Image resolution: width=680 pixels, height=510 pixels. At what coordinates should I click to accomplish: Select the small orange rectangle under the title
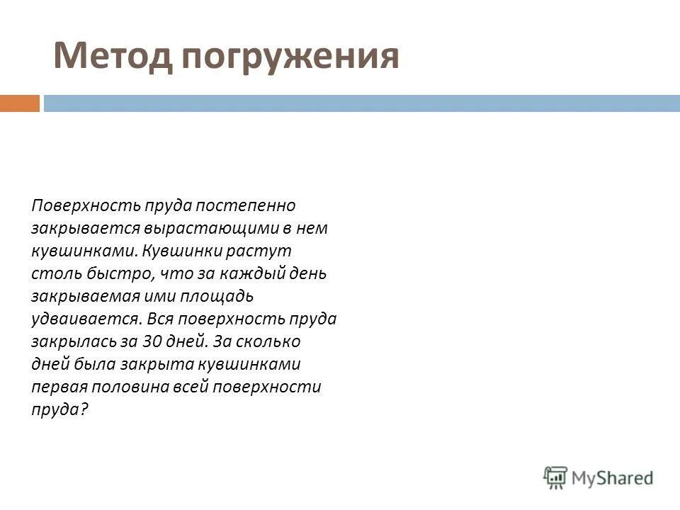click(x=19, y=103)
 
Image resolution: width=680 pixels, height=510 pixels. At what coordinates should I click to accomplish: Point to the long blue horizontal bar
click(x=361, y=103)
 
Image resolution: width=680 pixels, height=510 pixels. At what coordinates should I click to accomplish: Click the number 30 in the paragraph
click(x=153, y=341)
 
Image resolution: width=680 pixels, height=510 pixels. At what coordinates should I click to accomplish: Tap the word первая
click(x=57, y=387)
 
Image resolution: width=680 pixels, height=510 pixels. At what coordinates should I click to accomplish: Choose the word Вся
click(x=160, y=319)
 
